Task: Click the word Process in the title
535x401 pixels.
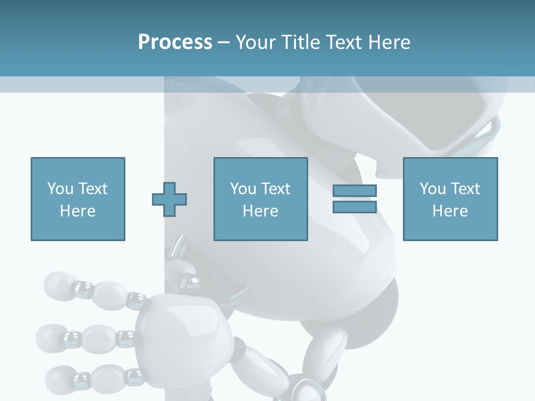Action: (175, 42)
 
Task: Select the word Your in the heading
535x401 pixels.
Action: (257, 42)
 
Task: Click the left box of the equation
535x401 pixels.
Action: (77, 199)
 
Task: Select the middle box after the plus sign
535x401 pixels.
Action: (260, 199)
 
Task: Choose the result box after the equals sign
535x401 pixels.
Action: (450, 199)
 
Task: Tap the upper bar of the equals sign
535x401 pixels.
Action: (354, 190)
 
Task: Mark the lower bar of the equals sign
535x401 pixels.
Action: (354, 207)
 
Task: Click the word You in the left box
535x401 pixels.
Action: (60, 189)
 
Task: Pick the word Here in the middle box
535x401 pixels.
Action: (260, 211)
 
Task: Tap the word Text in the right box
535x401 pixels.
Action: (465, 189)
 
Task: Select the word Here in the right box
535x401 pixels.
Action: (450, 211)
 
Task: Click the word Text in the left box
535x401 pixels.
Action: (93, 189)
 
